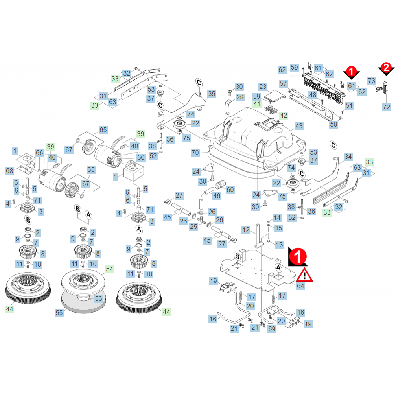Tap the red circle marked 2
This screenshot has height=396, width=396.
[x=386, y=68]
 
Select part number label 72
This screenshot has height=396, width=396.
[x=386, y=107]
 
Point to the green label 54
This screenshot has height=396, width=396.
[x=109, y=269]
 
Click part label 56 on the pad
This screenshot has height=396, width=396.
[x=98, y=298]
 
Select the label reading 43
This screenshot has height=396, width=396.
[x=299, y=126]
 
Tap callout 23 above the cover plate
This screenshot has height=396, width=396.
[x=263, y=87]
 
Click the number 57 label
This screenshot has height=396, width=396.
[x=284, y=83]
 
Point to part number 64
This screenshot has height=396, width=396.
[x=300, y=286]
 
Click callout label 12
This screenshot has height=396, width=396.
[x=246, y=230]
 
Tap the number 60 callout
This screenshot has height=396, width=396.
[x=230, y=190]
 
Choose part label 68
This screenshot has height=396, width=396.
[x=9, y=171]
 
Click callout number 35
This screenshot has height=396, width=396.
[x=212, y=94]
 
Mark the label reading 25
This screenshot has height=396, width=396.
[x=193, y=227]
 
